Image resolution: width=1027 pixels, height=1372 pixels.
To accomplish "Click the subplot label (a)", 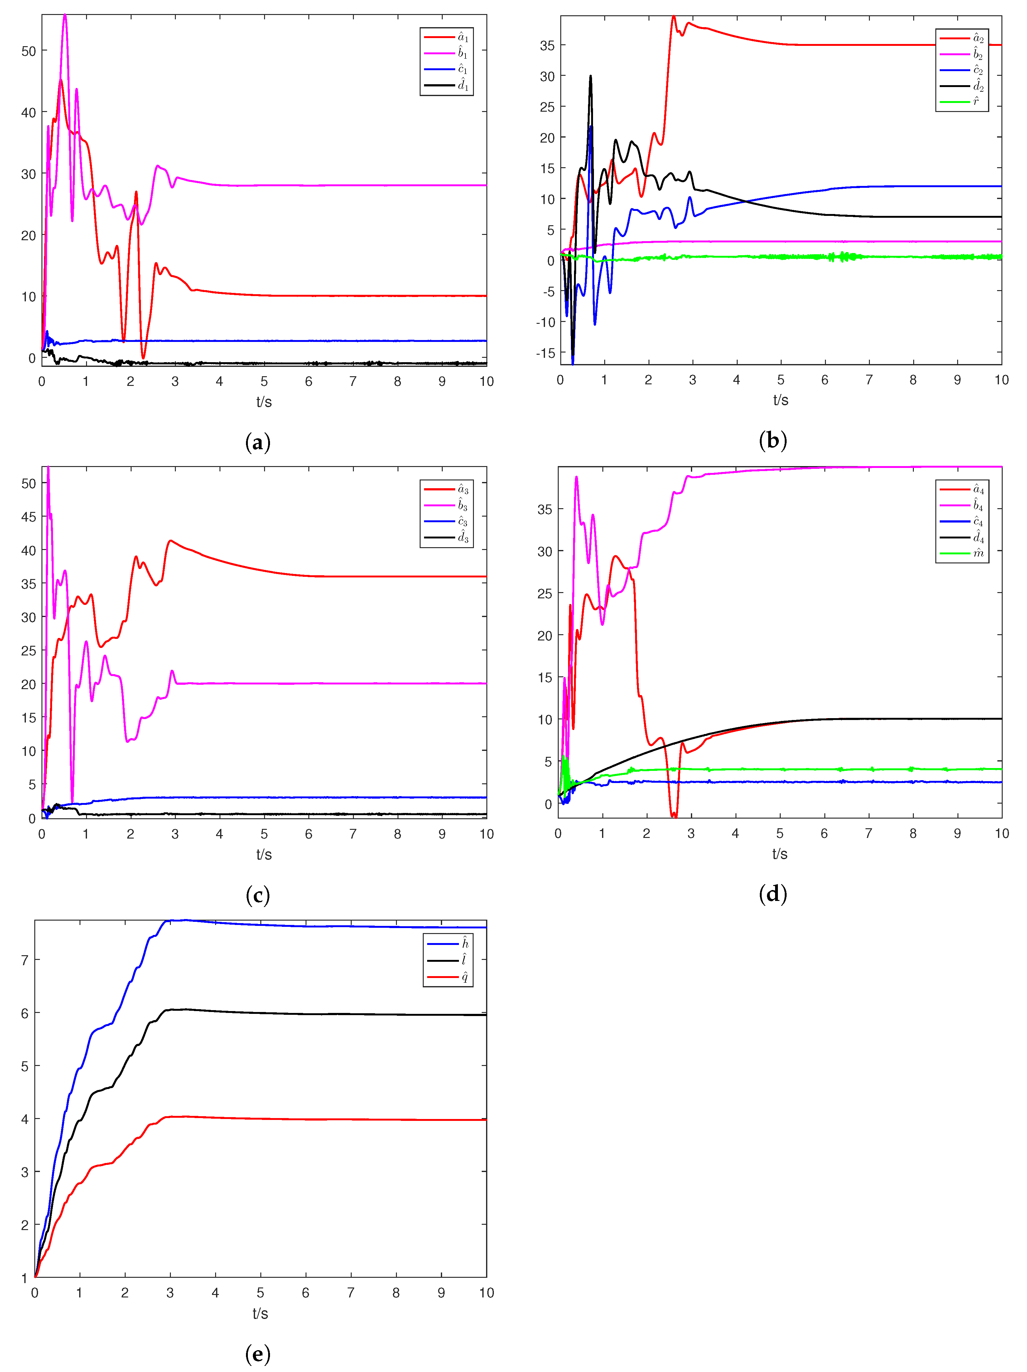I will point(258,442).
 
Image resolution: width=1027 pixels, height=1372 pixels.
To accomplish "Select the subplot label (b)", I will point(773,440).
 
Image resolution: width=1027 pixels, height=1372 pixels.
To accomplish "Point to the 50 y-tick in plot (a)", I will point(28,51).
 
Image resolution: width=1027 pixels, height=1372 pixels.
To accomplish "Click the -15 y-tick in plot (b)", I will point(545,353).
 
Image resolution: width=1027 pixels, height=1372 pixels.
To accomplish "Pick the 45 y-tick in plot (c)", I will point(28,517).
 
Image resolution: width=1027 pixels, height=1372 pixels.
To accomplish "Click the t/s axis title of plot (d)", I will point(780,854).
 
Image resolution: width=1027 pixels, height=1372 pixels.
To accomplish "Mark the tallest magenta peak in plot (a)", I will point(65,16).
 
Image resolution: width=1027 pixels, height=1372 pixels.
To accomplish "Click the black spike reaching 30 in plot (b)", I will point(591,77).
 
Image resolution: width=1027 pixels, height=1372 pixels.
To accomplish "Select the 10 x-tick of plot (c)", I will point(487,834).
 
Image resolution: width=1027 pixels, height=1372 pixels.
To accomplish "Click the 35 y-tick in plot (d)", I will point(545,509).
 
